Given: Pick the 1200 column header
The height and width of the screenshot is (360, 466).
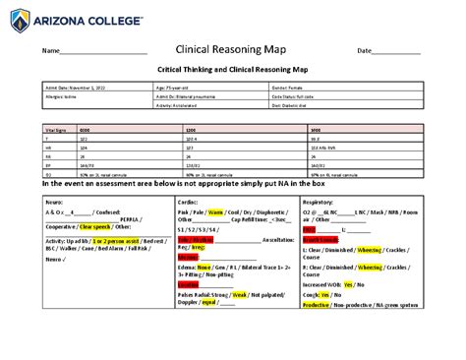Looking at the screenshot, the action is coord(198,129).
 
